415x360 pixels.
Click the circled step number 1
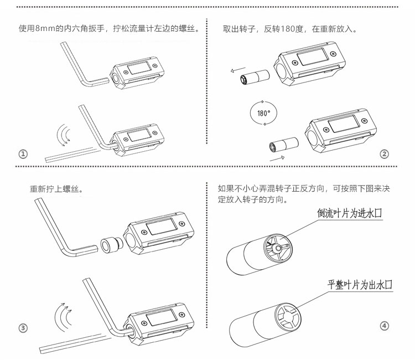(23, 153)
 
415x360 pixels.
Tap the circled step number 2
(384, 154)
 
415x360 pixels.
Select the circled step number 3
(23, 328)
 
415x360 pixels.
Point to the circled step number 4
(385, 326)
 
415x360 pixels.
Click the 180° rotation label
(263, 113)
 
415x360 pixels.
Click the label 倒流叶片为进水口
(349, 213)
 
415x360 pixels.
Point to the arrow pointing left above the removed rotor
(238, 70)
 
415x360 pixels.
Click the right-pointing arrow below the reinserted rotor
(277, 158)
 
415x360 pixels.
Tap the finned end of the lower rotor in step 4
(288, 317)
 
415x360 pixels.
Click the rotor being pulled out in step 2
(255, 77)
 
